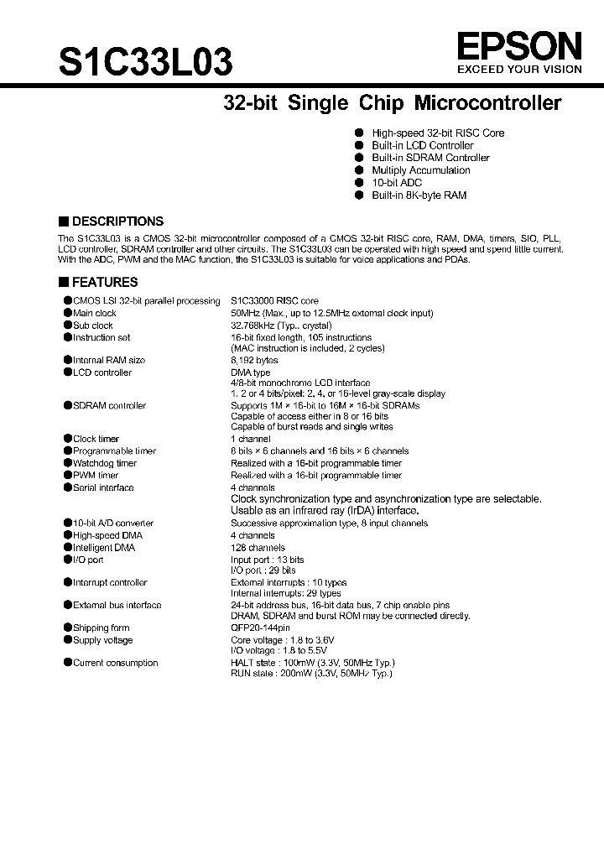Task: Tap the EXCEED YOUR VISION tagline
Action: [518, 71]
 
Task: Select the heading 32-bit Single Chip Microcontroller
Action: [392, 103]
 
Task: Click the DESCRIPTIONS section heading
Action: [117, 221]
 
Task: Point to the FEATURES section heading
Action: [104, 283]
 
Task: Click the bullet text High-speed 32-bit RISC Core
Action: [438, 133]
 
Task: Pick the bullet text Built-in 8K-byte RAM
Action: [419, 195]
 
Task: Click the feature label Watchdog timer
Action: [104, 463]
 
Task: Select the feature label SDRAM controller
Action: [109, 406]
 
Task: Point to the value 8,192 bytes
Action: [254, 360]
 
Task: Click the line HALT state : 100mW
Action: [311, 663]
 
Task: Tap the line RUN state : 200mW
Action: [311, 673]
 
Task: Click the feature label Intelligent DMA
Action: [103, 548]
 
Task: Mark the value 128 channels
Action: [258, 548]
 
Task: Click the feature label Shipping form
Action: [101, 628]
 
